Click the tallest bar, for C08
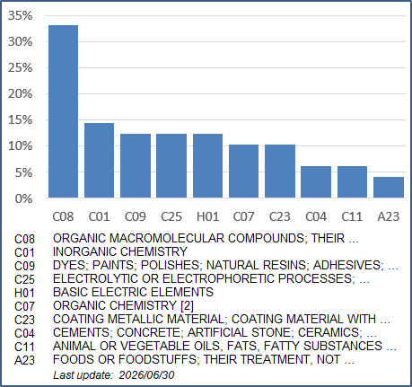click(x=63, y=111)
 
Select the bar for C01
click(x=99, y=160)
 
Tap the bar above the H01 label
click(x=207, y=165)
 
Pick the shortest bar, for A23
click(x=389, y=187)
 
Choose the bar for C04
click(x=316, y=181)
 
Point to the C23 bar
click(x=280, y=171)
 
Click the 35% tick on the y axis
click(x=20, y=15)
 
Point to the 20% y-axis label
click(x=20, y=94)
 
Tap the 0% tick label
click(x=23, y=198)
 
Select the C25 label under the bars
click(x=171, y=216)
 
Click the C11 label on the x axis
click(x=352, y=216)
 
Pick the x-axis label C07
click(x=243, y=216)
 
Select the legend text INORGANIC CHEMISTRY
click(x=120, y=251)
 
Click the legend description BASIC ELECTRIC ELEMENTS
click(x=133, y=292)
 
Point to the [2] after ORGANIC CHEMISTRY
click(x=187, y=305)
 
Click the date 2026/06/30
click(x=146, y=375)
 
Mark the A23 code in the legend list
click(x=24, y=360)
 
